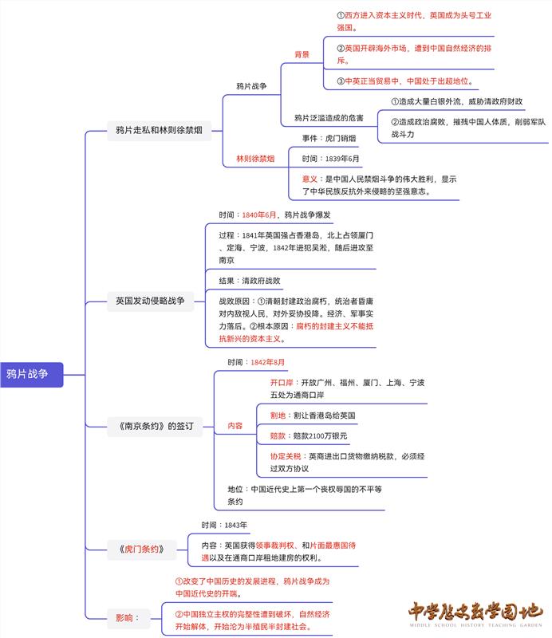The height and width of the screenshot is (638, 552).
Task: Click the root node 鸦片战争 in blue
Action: [30, 374]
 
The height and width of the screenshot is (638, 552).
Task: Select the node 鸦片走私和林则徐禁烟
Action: [160, 131]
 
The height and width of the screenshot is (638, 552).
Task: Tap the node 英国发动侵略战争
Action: [149, 301]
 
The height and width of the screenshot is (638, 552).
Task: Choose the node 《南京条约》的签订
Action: [151, 426]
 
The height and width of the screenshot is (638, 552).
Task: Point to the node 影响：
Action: [128, 616]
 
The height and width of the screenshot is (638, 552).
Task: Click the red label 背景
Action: [302, 54]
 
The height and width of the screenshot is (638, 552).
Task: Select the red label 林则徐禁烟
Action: [255, 159]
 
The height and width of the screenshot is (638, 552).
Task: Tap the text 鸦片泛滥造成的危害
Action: [329, 118]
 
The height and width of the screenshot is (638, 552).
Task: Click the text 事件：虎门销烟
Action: [329, 138]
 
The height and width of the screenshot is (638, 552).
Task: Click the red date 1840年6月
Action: [259, 215]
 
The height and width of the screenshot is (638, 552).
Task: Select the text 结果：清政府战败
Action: [250, 281]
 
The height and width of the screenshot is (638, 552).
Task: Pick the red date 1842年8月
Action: [267, 362]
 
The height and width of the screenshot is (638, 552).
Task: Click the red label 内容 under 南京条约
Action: [235, 426]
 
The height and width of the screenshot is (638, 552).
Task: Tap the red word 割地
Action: [278, 415]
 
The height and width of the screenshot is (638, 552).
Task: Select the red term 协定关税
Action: [286, 456]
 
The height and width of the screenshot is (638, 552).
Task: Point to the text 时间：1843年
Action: [224, 525]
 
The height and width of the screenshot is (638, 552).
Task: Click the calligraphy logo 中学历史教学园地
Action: [474, 613]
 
